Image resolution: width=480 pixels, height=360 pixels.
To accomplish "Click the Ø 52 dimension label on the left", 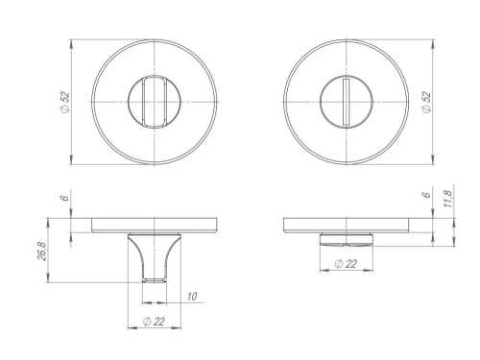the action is click(x=65, y=102).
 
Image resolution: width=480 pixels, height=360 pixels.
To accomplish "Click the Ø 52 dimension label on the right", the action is click(x=427, y=102).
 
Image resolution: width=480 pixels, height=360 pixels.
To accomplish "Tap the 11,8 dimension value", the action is click(x=447, y=199).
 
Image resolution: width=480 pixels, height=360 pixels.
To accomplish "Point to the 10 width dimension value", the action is click(x=191, y=297).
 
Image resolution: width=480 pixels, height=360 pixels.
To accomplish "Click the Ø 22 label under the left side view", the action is click(x=155, y=321).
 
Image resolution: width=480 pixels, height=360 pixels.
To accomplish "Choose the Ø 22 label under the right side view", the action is click(x=346, y=264).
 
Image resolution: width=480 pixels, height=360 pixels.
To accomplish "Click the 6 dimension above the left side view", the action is click(x=65, y=197).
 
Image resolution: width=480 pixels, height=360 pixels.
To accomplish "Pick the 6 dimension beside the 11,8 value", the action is click(x=427, y=194).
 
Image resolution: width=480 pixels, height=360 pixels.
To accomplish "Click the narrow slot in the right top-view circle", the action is click(x=347, y=102).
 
